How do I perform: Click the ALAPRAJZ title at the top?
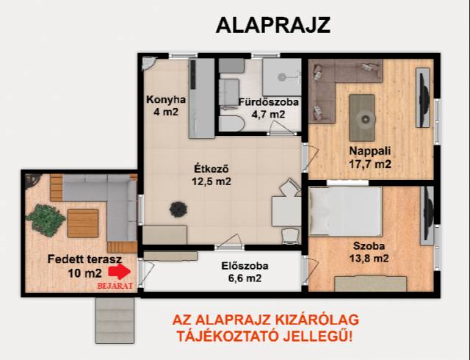click(x=272, y=25)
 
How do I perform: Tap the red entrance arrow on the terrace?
click(x=119, y=272)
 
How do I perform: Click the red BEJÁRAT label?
click(x=115, y=286)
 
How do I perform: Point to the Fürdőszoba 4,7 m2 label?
click(x=268, y=108)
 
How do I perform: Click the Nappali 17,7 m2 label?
click(x=370, y=157)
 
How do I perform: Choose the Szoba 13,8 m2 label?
click(x=369, y=252)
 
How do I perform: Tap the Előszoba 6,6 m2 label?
click(x=245, y=272)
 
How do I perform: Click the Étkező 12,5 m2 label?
click(x=211, y=175)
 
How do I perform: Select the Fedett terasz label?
click(x=84, y=259)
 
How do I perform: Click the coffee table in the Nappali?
click(x=362, y=118)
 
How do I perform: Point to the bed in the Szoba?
click(x=346, y=211)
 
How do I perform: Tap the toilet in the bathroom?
click(x=232, y=123)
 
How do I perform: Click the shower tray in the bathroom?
click(x=282, y=77)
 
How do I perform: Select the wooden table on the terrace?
click(x=83, y=223)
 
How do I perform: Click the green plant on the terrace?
click(x=46, y=217)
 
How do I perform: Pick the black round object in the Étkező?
click(x=178, y=209)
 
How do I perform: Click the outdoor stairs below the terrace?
click(x=115, y=320)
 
